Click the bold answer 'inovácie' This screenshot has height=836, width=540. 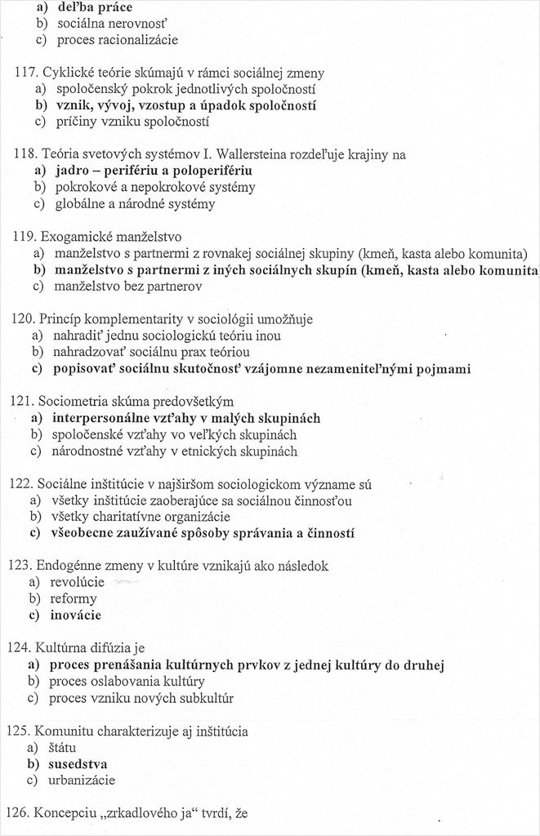(78, 615)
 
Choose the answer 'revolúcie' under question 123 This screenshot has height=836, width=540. (78, 582)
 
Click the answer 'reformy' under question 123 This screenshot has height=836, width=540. (74, 598)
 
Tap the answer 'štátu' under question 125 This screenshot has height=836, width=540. (65, 747)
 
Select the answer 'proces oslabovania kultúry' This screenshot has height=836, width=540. (127, 681)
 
